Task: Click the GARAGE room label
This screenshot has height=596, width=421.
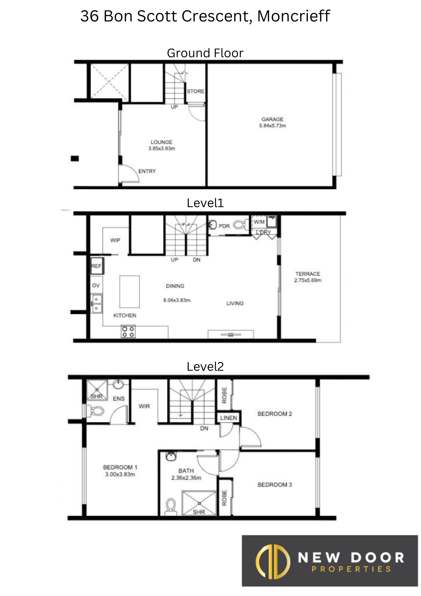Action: [x=272, y=119]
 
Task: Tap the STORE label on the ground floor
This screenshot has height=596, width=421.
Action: [x=196, y=91]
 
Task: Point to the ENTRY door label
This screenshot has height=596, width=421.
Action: [x=147, y=171]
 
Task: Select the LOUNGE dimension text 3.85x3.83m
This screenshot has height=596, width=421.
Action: [x=162, y=148]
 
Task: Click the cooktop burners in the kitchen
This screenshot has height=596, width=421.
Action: [x=128, y=332]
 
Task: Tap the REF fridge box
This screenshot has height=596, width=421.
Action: [x=97, y=266]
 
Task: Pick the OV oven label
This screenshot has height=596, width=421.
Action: [x=96, y=285]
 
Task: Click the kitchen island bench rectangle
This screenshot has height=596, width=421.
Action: [x=130, y=291]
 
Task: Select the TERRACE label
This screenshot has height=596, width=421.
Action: [x=308, y=274]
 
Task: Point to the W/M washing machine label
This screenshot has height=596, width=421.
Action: [x=259, y=222]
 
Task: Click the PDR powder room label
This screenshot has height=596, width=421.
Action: [x=224, y=226]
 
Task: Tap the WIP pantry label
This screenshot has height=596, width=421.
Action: [x=115, y=240]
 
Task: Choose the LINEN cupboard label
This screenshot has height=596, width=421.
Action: [x=229, y=418]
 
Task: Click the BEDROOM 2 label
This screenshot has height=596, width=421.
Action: [x=275, y=414]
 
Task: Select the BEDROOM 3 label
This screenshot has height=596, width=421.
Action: [x=275, y=485]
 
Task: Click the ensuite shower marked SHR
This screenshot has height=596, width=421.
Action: [x=97, y=390]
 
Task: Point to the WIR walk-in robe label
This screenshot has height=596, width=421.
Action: [x=144, y=406]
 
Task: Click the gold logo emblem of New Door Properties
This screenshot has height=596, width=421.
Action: [x=273, y=562]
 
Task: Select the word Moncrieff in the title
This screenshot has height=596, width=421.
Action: [x=294, y=16]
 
